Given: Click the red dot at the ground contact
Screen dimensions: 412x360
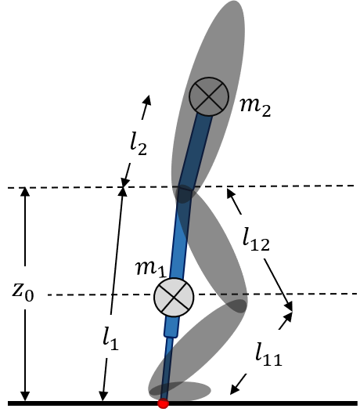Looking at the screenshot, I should (x=163, y=403).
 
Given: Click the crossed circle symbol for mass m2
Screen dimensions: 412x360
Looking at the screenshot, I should (x=208, y=97).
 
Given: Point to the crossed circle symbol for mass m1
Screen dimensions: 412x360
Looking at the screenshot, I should (x=173, y=297).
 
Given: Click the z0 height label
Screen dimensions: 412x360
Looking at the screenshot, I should (x=23, y=292).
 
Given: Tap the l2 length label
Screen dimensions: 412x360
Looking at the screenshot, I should (x=139, y=143).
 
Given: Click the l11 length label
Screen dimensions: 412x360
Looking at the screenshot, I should (x=268, y=356).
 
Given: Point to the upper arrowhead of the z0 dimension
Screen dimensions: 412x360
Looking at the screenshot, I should (x=26, y=192).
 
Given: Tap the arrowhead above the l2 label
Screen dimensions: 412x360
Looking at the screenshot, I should (x=146, y=99).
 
